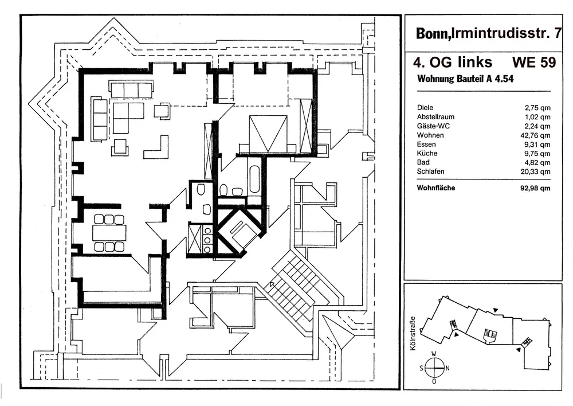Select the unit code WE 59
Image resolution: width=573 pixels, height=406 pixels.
(x=534, y=62)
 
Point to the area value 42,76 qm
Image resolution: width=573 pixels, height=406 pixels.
(x=535, y=135)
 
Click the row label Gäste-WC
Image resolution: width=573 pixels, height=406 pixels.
(x=433, y=126)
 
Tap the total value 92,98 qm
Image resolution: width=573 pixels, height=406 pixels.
(x=535, y=188)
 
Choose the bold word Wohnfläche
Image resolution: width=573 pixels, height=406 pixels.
(x=436, y=188)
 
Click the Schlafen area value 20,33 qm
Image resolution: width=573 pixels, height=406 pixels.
(x=535, y=171)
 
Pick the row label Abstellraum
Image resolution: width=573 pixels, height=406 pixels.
(x=435, y=117)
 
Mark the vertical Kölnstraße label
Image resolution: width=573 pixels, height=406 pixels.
(x=413, y=333)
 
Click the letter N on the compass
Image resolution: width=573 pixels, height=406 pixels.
(x=448, y=368)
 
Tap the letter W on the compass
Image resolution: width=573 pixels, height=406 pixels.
(x=434, y=354)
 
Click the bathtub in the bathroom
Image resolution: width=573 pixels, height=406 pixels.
(x=255, y=179)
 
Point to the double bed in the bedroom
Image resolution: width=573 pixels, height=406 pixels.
(x=268, y=134)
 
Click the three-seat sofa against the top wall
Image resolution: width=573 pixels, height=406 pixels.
(x=131, y=90)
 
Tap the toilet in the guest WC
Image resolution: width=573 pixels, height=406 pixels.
(x=200, y=189)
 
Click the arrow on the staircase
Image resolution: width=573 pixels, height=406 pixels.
(x=273, y=285)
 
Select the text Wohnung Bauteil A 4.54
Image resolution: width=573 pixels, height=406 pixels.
(x=465, y=79)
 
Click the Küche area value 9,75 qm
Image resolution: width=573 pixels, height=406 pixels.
(x=537, y=154)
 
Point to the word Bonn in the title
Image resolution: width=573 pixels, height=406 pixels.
(x=432, y=33)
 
